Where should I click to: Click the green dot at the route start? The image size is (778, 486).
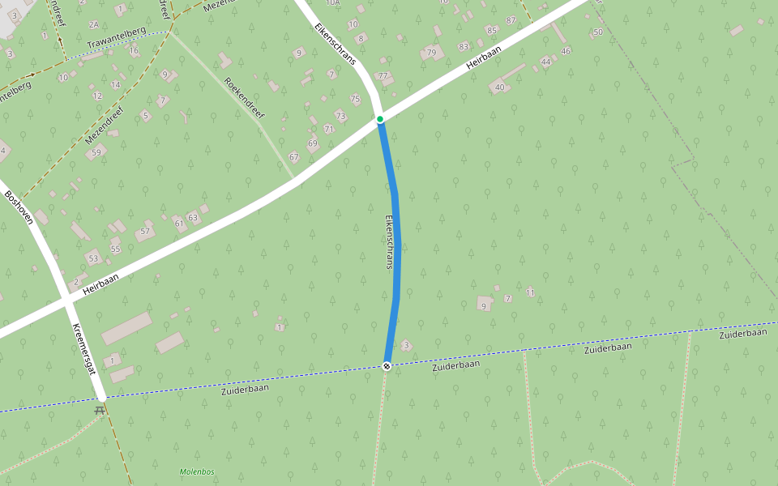click(379, 119)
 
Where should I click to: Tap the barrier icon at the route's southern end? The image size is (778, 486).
click(387, 365)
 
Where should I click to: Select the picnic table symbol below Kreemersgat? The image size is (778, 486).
click(100, 411)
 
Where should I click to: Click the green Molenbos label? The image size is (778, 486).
click(197, 471)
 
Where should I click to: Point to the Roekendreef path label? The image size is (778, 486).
click(244, 98)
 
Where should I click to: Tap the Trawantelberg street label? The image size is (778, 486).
click(116, 36)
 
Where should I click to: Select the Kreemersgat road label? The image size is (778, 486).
click(85, 349)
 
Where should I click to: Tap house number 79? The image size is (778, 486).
click(431, 53)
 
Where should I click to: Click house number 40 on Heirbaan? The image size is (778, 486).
click(499, 87)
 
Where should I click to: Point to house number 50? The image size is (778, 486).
click(598, 32)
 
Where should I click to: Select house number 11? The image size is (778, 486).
click(531, 292)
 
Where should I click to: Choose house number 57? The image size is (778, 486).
click(145, 232)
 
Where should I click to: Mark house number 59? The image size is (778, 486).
click(96, 152)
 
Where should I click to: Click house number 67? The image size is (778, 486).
click(293, 157)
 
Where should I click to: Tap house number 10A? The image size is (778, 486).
click(332, 3)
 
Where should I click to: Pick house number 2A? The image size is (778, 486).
click(93, 25)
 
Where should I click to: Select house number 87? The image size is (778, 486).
click(511, 20)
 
